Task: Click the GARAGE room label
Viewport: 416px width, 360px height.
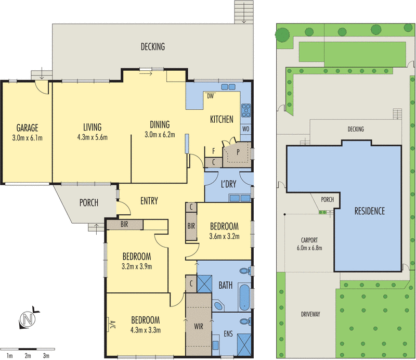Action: coord(28,127)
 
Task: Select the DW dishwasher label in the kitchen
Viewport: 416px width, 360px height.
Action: coord(210,96)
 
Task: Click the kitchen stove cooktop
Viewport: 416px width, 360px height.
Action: coord(246,110)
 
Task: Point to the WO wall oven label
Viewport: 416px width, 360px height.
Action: coord(245,129)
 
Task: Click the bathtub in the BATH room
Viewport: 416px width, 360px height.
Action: coord(244,297)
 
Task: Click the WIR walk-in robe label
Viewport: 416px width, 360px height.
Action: coord(199,326)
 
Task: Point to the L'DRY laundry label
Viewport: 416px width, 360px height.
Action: coord(228,184)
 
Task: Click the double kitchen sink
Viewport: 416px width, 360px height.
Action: coord(228,87)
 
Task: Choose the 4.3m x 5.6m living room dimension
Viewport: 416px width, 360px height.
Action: coord(93,137)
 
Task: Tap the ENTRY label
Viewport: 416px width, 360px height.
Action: coord(149,201)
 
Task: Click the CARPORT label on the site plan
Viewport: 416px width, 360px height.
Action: coord(309,240)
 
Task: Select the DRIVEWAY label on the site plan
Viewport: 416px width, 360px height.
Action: coord(310,314)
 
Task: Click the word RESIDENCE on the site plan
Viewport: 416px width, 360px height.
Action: coord(370,211)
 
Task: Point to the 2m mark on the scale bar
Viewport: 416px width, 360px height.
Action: coord(28,356)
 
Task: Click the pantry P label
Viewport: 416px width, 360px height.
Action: coord(238,152)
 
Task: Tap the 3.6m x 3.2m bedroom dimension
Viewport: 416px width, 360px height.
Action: coord(224,236)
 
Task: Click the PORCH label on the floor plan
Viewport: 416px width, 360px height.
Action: coord(89,203)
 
